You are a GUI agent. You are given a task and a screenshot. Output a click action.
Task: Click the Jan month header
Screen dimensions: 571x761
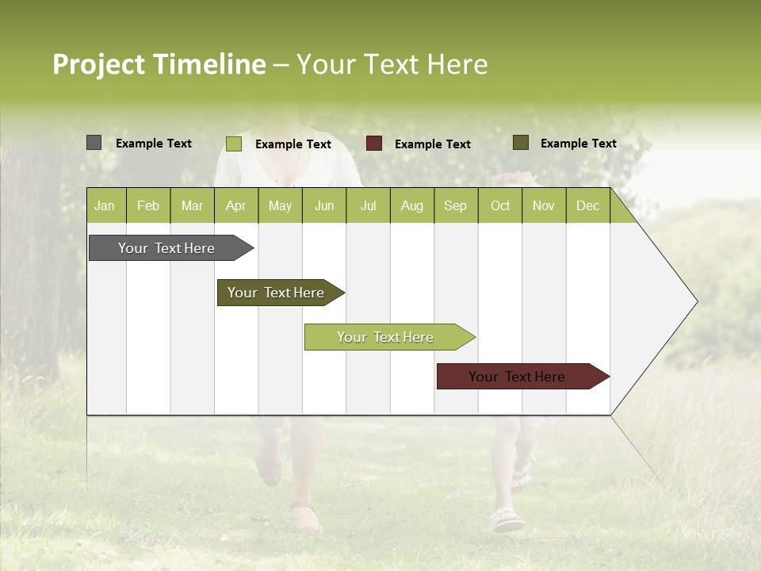pos(105,206)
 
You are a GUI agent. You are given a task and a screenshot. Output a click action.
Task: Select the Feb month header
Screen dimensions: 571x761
pos(148,206)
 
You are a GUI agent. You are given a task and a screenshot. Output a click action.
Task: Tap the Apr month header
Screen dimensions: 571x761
pos(235,206)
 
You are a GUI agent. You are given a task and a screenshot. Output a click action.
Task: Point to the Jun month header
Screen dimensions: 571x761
pos(324,206)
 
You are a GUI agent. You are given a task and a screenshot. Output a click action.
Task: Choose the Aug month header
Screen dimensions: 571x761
pos(411,206)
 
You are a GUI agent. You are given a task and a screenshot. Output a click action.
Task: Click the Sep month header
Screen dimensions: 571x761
pos(455,206)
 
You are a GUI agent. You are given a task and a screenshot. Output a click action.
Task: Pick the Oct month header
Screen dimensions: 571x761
pos(500,206)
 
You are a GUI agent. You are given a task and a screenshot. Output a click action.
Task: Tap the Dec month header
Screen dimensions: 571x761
pos(587,206)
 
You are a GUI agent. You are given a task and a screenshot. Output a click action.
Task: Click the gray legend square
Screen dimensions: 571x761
pos(94,143)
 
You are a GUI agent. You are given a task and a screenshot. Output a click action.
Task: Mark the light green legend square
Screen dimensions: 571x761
pos(234,144)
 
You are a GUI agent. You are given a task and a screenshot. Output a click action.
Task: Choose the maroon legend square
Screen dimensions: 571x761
pos(374,144)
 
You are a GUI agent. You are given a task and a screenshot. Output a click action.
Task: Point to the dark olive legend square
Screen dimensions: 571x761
pos(520,143)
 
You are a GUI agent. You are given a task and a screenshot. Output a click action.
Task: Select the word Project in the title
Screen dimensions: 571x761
pos(98,64)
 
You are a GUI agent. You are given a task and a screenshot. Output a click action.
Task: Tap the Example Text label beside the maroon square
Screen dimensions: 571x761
pos(432,144)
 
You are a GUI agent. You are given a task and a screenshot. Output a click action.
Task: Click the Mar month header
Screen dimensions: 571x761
pos(192,206)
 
